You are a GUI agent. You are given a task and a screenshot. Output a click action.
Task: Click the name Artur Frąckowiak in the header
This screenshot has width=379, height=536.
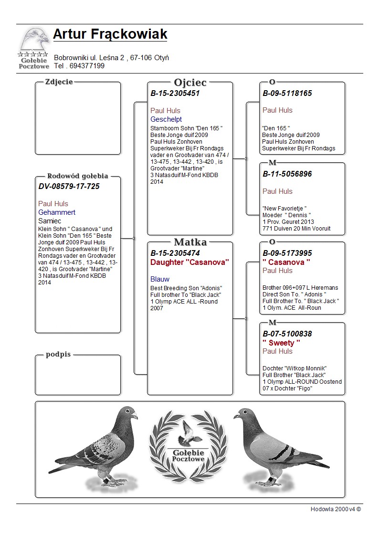[110, 34]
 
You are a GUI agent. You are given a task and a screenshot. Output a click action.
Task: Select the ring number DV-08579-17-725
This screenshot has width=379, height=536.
[69, 186]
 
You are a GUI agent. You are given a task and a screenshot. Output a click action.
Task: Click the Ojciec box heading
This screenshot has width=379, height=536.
[190, 83]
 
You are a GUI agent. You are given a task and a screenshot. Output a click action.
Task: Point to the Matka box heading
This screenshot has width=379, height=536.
[190, 242]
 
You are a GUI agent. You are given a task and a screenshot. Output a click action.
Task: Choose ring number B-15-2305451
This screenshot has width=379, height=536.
[175, 94]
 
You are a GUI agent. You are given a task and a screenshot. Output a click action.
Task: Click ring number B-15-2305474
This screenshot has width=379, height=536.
[175, 253]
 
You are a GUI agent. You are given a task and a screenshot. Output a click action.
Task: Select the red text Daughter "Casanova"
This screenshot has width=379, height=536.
[189, 262]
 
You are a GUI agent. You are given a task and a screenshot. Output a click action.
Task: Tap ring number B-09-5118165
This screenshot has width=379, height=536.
[287, 94]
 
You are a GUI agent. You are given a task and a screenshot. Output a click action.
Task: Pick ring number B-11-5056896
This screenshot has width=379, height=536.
[287, 174]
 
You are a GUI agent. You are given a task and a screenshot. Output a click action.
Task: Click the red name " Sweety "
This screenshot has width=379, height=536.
[281, 343]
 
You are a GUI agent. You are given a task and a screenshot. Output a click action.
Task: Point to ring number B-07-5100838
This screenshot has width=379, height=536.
[287, 334]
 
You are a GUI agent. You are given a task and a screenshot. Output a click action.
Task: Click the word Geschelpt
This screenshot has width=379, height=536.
[166, 119]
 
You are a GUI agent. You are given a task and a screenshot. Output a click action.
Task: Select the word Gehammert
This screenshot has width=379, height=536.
[57, 212]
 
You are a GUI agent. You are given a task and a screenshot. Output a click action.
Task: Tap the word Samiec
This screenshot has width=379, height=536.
[50, 221]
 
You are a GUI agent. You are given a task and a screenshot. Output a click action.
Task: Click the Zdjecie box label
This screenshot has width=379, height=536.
[59, 82]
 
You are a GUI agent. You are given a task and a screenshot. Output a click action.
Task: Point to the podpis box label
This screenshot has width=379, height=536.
[58, 354]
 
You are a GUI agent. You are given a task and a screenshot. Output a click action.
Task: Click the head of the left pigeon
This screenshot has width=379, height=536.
[128, 413]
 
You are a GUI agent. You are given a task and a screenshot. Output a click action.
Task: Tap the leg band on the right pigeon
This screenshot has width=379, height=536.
[271, 478]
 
